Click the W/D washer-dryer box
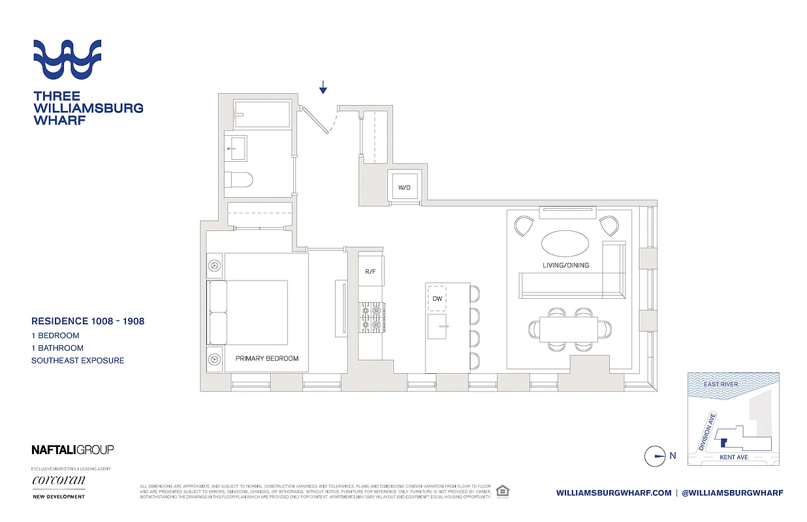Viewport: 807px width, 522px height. point(405,187)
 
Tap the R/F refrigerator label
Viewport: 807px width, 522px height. point(370,271)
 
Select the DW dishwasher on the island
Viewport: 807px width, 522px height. point(437,298)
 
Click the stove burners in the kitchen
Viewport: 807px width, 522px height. point(370,317)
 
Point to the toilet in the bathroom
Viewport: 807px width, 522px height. point(242,179)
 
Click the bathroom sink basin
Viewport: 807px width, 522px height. point(236,148)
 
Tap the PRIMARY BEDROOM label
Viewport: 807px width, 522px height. point(267,358)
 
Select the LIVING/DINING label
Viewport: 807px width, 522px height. point(565,265)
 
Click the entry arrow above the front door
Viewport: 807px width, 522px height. point(323,87)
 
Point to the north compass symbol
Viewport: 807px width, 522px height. point(654,456)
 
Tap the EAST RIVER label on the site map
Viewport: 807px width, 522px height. point(721,384)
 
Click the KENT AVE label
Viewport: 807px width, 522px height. point(733,457)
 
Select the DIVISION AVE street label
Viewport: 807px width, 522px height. point(708,432)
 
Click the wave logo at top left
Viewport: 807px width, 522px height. point(67,59)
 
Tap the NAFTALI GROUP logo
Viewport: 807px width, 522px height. point(72,449)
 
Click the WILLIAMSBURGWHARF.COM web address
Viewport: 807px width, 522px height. point(614,493)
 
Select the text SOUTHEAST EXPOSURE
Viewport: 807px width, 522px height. point(78,360)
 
